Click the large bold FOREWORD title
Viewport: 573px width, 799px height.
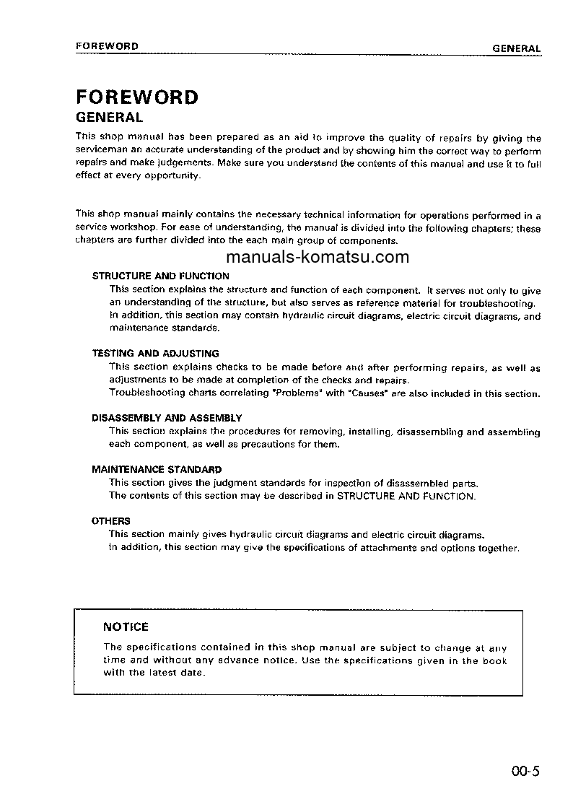coord(136,97)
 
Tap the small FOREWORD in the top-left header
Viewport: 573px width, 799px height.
coord(107,46)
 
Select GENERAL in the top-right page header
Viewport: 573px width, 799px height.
coord(516,48)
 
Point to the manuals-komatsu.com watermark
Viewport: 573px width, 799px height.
coord(318,258)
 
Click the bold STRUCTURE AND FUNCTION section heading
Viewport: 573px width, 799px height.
coord(160,276)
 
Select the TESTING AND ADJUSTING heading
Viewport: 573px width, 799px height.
coord(155,354)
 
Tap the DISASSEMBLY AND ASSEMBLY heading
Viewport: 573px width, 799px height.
coord(167,418)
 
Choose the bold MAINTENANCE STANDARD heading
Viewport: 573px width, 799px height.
coord(157,469)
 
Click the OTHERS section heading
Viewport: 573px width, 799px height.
coord(111,520)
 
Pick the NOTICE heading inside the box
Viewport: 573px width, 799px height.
coord(126,627)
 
